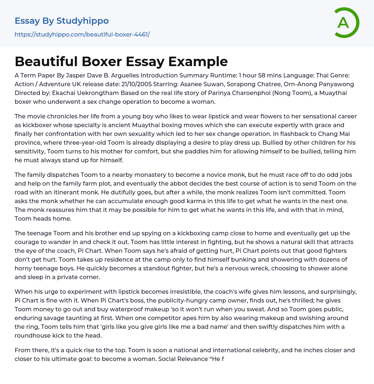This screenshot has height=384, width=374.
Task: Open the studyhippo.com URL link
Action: (x=82, y=34)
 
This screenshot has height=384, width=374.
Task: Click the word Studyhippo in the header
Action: (x=83, y=21)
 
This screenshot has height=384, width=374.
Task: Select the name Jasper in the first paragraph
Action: (x=85, y=76)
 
